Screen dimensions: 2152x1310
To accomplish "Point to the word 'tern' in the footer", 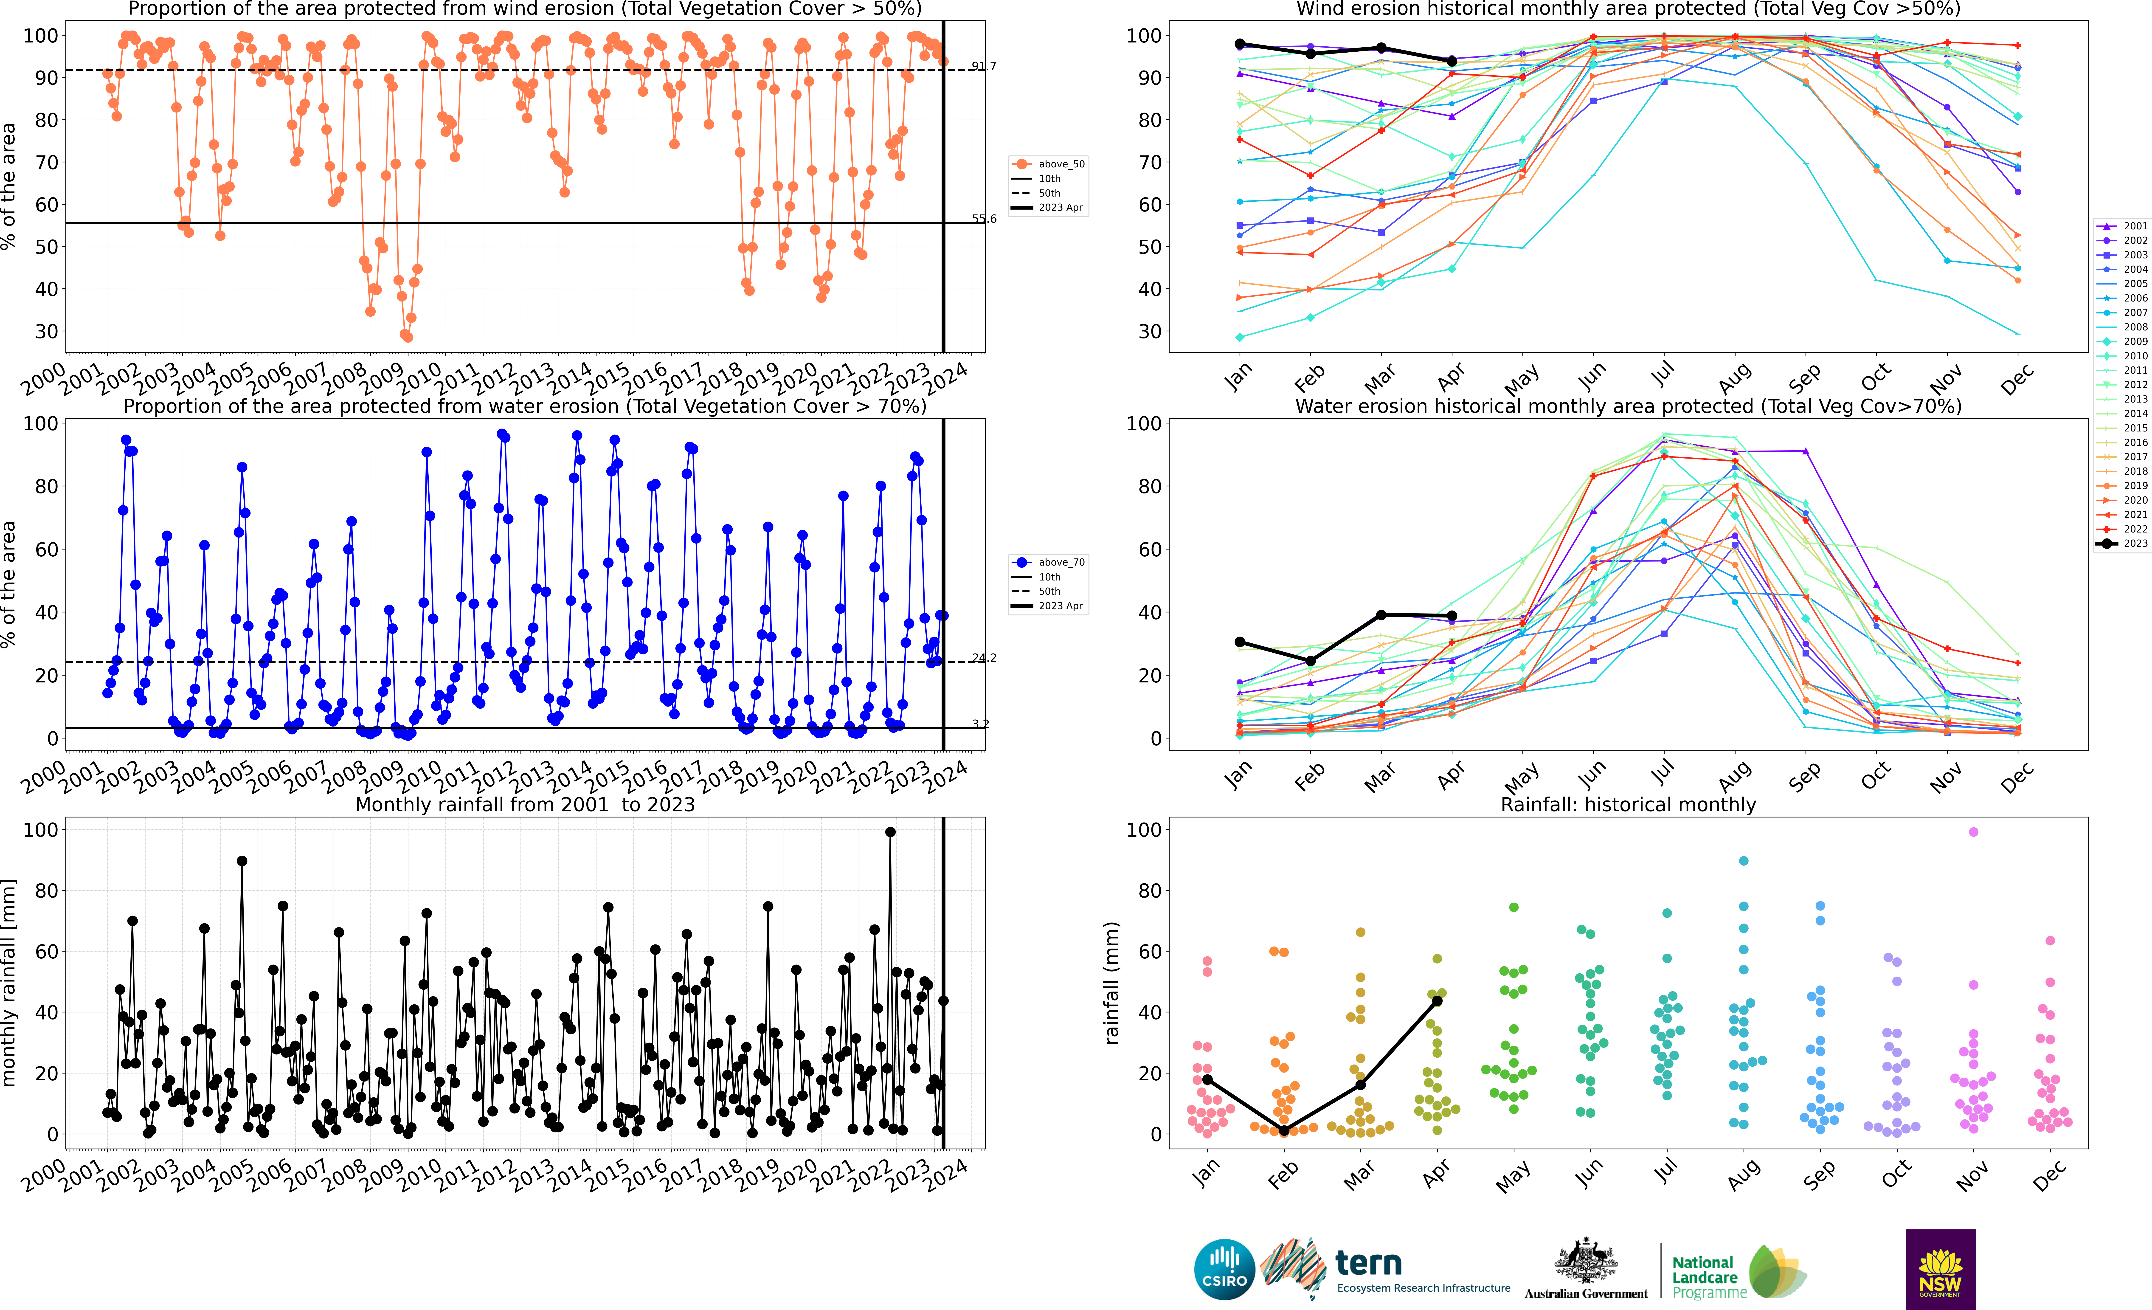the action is tap(1369, 1263).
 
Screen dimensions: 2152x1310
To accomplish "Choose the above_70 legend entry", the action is tap(1048, 562).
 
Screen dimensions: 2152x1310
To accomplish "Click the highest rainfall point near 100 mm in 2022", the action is tap(890, 832).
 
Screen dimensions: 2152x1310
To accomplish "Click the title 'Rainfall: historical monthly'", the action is tap(1628, 804).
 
